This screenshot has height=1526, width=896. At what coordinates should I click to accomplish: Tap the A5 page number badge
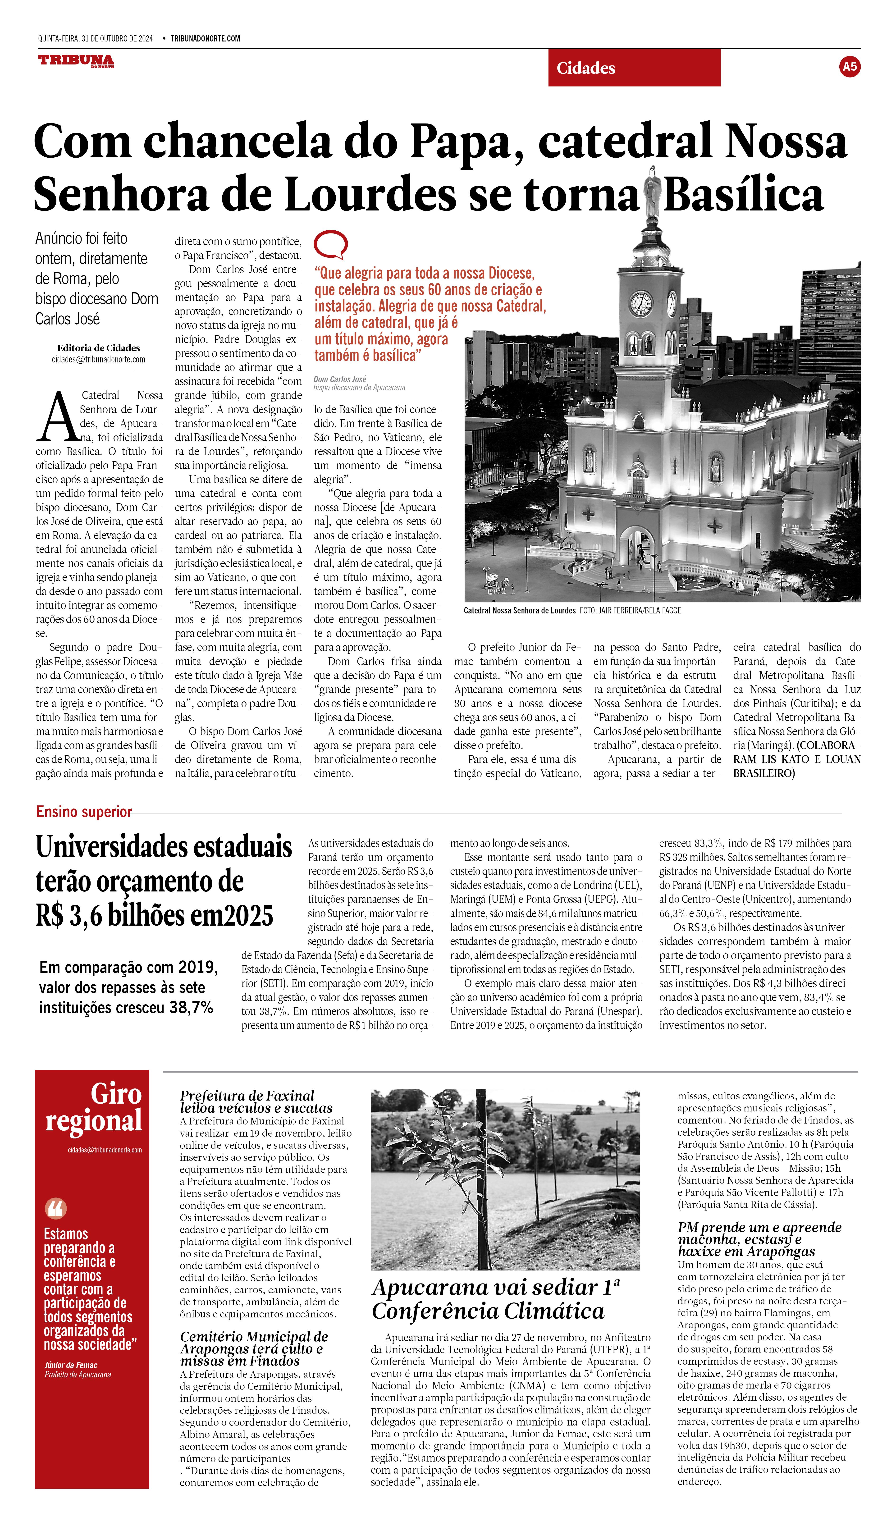point(849,67)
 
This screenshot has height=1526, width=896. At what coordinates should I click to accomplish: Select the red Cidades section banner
point(634,68)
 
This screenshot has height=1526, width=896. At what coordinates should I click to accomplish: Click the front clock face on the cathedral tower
point(640,303)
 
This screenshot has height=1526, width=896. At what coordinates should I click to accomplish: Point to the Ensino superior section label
point(83,812)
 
